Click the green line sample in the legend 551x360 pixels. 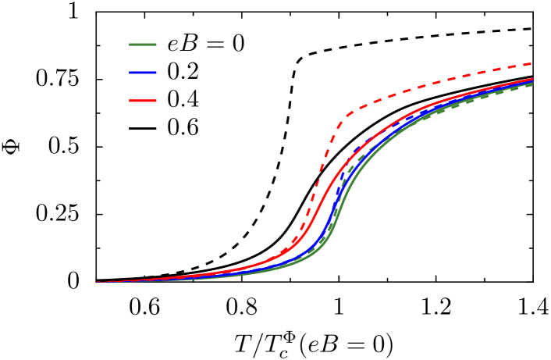pos(143,45)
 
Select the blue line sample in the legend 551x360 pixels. pos(143,73)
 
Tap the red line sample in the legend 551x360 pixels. pos(143,101)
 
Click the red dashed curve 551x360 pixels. pos(406,90)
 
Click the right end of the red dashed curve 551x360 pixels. pos(532,63)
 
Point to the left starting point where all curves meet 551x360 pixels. pos(98,282)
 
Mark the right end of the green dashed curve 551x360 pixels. pos(532,84)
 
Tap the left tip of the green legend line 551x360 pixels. pos(130,45)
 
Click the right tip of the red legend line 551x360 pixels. pos(156,101)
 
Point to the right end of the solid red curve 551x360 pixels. pos(532,79)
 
